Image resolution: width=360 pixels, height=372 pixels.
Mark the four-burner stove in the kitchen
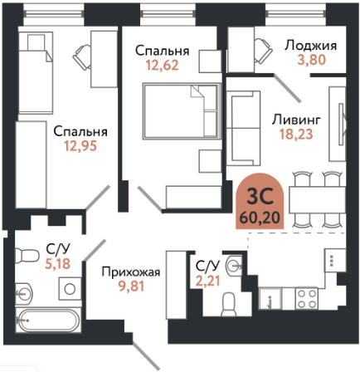pyautogui.click(x=304, y=301)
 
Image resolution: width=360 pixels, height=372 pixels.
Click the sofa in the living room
pyautogui.click(x=244, y=130)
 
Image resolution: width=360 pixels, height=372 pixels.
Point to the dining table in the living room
pyautogui.click(x=320, y=200)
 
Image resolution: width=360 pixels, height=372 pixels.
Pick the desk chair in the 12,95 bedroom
pyautogui.click(x=85, y=56)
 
